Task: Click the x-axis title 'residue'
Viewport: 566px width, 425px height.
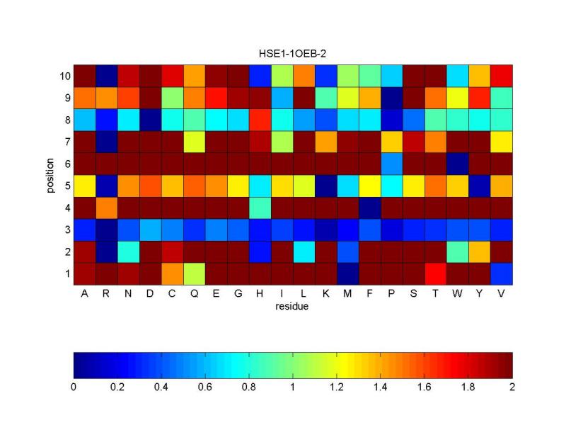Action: pyautogui.click(x=293, y=307)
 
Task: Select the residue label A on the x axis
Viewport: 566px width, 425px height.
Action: pyautogui.click(x=85, y=295)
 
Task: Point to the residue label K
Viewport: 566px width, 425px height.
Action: pyautogui.click(x=325, y=295)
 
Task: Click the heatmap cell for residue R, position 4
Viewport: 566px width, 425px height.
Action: pyautogui.click(x=107, y=208)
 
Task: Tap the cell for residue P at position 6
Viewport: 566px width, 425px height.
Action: pyautogui.click(x=391, y=164)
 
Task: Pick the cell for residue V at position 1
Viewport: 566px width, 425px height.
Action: pyautogui.click(x=501, y=273)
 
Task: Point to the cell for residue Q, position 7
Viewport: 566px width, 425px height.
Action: pyautogui.click(x=195, y=142)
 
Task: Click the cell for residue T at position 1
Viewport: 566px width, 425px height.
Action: pyautogui.click(x=435, y=273)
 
